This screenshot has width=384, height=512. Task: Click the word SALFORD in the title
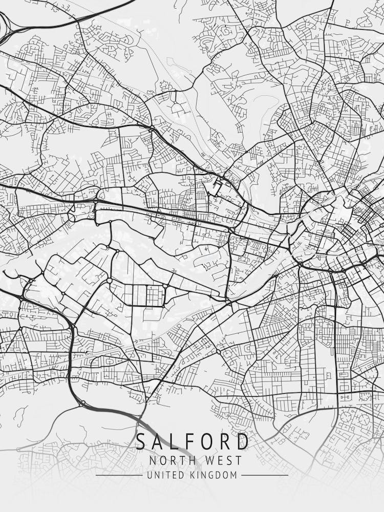(x=192, y=441)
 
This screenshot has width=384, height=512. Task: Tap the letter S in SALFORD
(x=140, y=441)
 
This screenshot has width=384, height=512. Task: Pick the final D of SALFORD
(x=243, y=441)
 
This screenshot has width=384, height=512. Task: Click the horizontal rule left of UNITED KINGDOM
(x=119, y=475)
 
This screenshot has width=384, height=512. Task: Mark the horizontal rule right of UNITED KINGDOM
(x=264, y=475)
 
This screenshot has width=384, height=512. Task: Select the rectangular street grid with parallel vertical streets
(x=144, y=295)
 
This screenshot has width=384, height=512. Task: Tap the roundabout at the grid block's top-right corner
(x=165, y=285)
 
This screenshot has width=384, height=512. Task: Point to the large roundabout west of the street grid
(x=109, y=281)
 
